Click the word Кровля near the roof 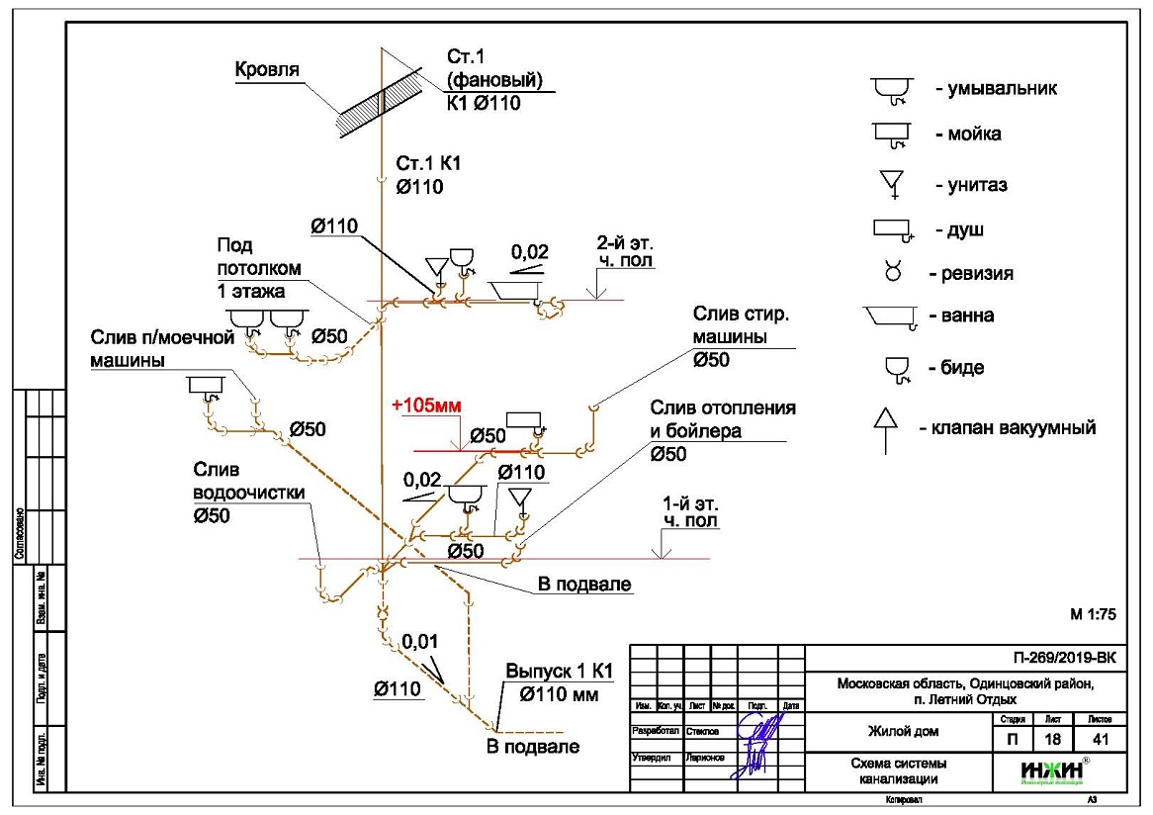point(267,71)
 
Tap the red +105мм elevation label point(426,406)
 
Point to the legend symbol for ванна point(889,317)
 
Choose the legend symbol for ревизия point(891,273)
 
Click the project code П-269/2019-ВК point(1063,656)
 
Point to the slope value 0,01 point(419,644)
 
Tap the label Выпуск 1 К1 point(559,672)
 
